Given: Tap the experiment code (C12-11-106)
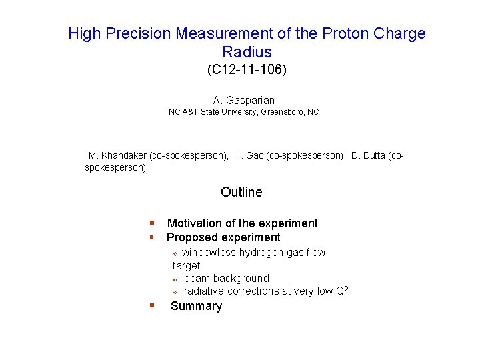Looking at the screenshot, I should tap(247, 69).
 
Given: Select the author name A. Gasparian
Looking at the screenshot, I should tap(244, 101).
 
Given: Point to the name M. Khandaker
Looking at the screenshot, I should tap(117, 155).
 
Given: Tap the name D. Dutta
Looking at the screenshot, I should tap(369, 155).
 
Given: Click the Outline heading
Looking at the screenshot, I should tap(241, 192).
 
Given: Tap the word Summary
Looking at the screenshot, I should tap(196, 306).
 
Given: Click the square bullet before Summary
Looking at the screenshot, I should tap(152, 305).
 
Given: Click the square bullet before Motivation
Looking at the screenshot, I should tap(152, 223).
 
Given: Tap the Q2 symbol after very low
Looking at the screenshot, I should tap(343, 291).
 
